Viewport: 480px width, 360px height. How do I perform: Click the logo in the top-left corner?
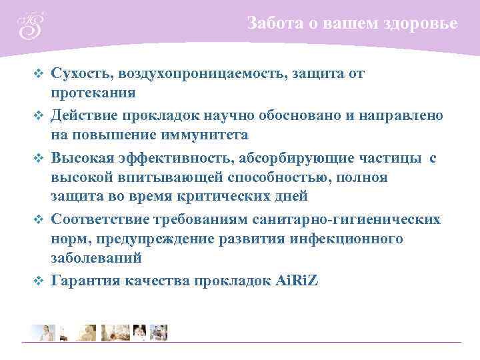coord(30,25)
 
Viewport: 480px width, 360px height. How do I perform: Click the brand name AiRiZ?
coord(297,281)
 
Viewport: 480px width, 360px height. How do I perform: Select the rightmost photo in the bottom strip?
coord(159,332)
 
